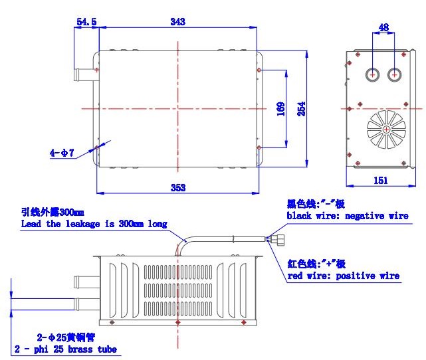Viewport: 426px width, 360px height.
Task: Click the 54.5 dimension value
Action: pyautogui.click(x=86, y=22)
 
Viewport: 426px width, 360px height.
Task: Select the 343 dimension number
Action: pyautogui.click(x=177, y=22)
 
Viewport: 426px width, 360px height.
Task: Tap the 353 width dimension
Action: pyautogui.click(x=178, y=187)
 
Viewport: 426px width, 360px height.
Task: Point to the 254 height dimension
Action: pyautogui.click(x=301, y=109)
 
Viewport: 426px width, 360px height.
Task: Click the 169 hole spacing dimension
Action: pyautogui.click(x=280, y=109)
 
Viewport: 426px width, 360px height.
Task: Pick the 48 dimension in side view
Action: pyautogui.click(x=383, y=27)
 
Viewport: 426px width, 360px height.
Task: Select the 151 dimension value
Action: pyautogui.click(x=380, y=180)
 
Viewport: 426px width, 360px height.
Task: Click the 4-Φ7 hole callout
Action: pyautogui.click(x=62, y=153)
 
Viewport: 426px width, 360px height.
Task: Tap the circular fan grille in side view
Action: pyautogui.click(x=386, y=130)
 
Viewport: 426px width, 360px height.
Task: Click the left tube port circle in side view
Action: pyautogui.click(x=372, y=74)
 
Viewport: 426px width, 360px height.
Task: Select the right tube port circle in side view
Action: pyautogui.click(x=395, y=74)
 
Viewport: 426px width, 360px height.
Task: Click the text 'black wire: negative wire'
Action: pyautogui.click(x=348, y=216)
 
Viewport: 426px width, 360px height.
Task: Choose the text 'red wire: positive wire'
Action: pyautogui.click(x=344, y=276)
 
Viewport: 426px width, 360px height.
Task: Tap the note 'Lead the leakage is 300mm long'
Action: pyautogui.click(x=94, y=224)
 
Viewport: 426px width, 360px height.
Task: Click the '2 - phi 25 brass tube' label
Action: pyautogui.click(x=66, y=349)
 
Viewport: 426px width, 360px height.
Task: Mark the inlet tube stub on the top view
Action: pyautogui.click(x=86, y=74)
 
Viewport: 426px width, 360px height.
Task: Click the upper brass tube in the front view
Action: pyautogui.click(x=87, y=282)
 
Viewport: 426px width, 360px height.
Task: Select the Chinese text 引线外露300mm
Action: pyautogui.click(x=53, y=212)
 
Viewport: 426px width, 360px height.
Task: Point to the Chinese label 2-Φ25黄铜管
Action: pyautogui.click(x=66, y=337)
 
